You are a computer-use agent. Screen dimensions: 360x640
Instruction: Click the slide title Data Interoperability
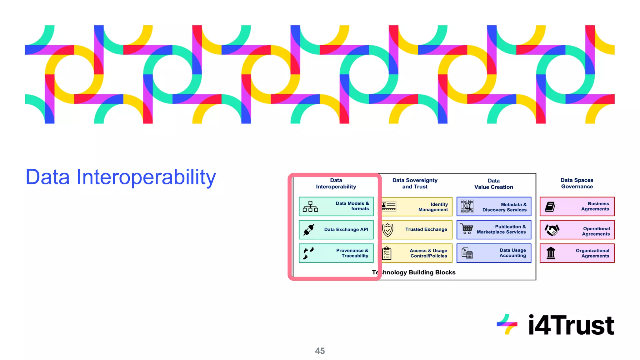(121, 177)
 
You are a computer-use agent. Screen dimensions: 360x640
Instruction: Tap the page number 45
(320, 351)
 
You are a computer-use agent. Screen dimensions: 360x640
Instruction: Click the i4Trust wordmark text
(571, 325)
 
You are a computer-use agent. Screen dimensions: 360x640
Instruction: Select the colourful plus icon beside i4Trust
(507, 324)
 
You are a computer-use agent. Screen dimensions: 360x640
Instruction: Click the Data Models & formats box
(336, 206)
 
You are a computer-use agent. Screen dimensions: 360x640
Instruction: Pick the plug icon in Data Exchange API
(309, 230)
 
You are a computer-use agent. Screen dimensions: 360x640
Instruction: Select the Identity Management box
(417, 207)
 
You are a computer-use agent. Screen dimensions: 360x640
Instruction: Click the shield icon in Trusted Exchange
(387, 230)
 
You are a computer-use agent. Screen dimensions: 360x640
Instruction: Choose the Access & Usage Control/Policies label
(428, 253)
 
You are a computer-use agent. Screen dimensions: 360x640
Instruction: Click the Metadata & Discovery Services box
(494, 207)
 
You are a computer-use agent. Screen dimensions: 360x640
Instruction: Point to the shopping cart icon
(467, 229)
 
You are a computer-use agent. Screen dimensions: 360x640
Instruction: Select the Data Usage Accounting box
(494, 253)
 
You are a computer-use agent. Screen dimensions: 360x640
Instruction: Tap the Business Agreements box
(577, 206)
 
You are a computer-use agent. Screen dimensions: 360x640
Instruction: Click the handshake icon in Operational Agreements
(552, 230)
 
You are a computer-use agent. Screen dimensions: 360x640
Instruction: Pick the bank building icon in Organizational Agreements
(551, 253)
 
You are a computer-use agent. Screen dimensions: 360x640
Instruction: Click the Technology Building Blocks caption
(414, 272)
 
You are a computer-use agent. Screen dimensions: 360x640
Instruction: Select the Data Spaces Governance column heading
(577, 183)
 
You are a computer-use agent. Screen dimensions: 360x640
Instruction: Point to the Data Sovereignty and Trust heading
(415, 183)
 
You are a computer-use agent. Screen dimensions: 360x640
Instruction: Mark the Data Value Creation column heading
(493, 184)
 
